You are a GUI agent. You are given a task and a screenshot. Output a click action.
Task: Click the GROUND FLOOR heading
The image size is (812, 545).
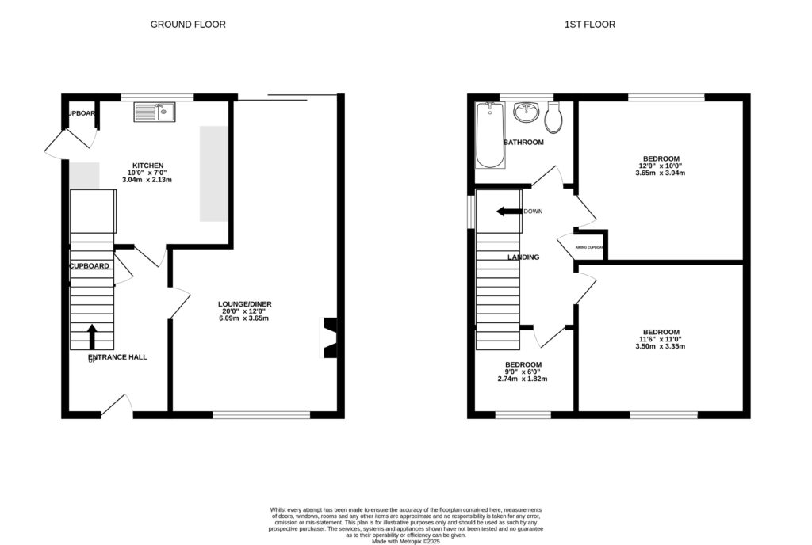tap(188, 25)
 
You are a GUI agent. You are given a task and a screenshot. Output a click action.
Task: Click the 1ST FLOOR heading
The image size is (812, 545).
tap(589, 25)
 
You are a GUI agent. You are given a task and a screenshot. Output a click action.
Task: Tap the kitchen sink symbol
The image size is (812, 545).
tap(154, 113)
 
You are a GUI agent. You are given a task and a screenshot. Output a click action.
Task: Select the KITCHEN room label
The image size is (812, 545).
tap(147, 166)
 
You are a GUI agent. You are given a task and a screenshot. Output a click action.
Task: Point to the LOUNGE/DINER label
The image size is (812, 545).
tap(244, 303)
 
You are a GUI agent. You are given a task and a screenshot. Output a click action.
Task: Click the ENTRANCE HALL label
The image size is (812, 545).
tap(117, 357)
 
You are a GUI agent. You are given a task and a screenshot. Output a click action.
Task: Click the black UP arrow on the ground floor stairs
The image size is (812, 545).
tap(92, 336)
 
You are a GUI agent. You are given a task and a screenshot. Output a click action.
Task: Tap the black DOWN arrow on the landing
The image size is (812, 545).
tap(507, 212)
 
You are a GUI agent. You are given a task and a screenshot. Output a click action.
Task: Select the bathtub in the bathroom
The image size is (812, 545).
tap(489, 135)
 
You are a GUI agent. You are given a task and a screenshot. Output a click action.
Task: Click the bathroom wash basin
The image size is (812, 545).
tap(526, 112)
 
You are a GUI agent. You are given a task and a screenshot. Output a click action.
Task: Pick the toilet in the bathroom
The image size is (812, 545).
tap(554, 117)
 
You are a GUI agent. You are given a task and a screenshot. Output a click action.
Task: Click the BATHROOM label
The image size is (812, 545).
tap(523, 143)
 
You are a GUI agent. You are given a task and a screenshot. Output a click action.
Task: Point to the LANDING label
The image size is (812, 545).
tap(523, 257)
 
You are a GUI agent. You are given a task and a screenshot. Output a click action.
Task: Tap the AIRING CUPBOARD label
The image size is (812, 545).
tap(589, 248)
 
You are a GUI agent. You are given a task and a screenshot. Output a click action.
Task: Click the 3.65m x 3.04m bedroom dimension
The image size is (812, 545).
tap(660, 173)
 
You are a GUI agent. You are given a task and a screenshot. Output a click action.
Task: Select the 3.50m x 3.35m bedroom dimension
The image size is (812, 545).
tap(660, 346)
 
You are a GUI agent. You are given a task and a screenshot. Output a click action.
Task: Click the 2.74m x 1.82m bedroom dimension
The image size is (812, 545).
tap(523, 379)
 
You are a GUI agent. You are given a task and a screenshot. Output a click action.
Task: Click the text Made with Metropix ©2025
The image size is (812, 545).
tap(405, 541)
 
